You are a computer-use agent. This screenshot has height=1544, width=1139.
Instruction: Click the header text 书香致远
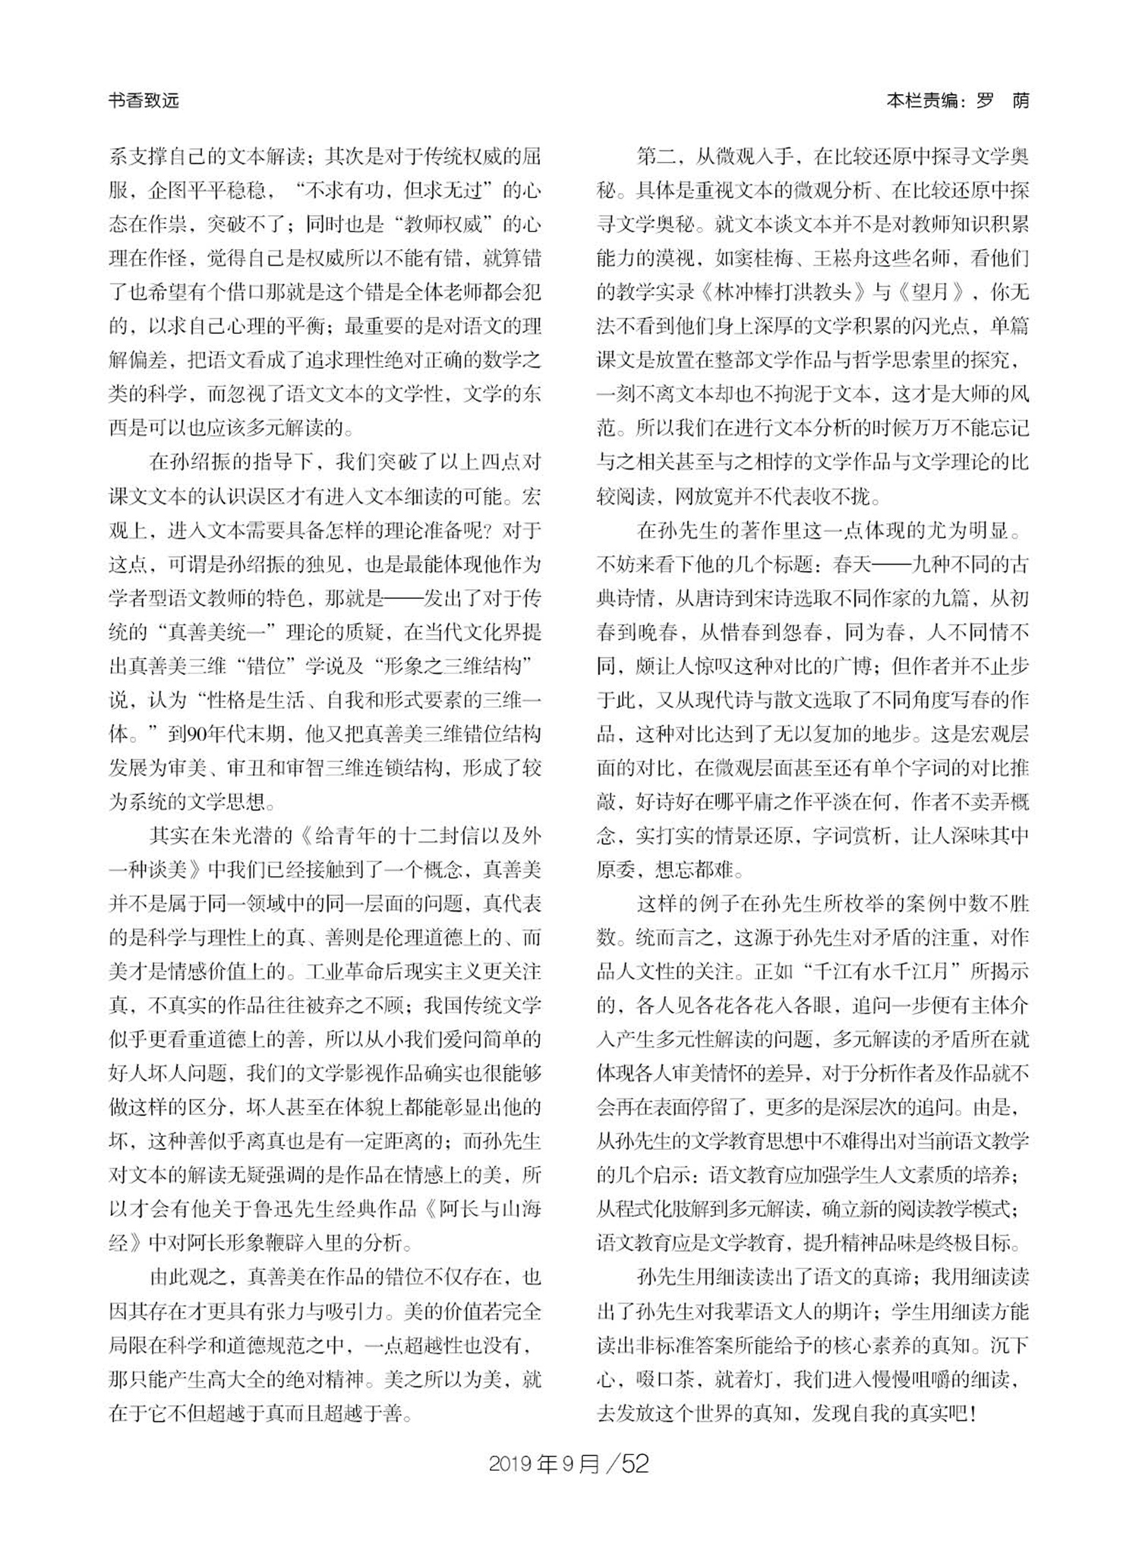144,101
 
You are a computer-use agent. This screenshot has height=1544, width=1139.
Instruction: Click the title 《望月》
931,292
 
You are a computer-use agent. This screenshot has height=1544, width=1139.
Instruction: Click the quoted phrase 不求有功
352,191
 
